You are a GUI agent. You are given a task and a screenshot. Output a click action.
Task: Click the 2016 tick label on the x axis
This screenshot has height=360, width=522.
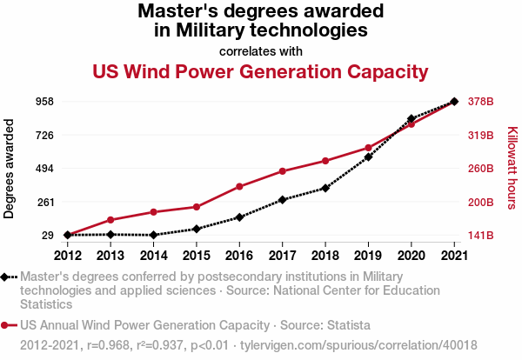point(239,255)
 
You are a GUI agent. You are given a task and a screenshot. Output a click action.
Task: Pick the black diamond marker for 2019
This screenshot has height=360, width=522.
point(369,157)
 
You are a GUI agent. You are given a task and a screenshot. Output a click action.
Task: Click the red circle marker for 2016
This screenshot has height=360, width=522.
point(239,187)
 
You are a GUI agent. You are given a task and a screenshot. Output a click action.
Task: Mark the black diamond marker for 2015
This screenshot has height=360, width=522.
point(197,229)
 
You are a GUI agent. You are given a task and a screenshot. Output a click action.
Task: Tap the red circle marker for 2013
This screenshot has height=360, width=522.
point(110,220)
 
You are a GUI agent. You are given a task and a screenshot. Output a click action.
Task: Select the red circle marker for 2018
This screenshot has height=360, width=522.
point(325,161)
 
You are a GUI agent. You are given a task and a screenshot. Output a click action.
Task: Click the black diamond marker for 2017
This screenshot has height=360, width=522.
point(283,200)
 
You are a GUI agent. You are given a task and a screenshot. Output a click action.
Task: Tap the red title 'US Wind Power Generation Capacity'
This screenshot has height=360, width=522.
point(261,70)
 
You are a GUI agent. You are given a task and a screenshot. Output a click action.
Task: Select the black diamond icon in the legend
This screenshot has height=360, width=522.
point(6,277)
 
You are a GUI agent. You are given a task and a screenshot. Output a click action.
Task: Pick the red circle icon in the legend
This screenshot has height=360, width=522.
point(6,325)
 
